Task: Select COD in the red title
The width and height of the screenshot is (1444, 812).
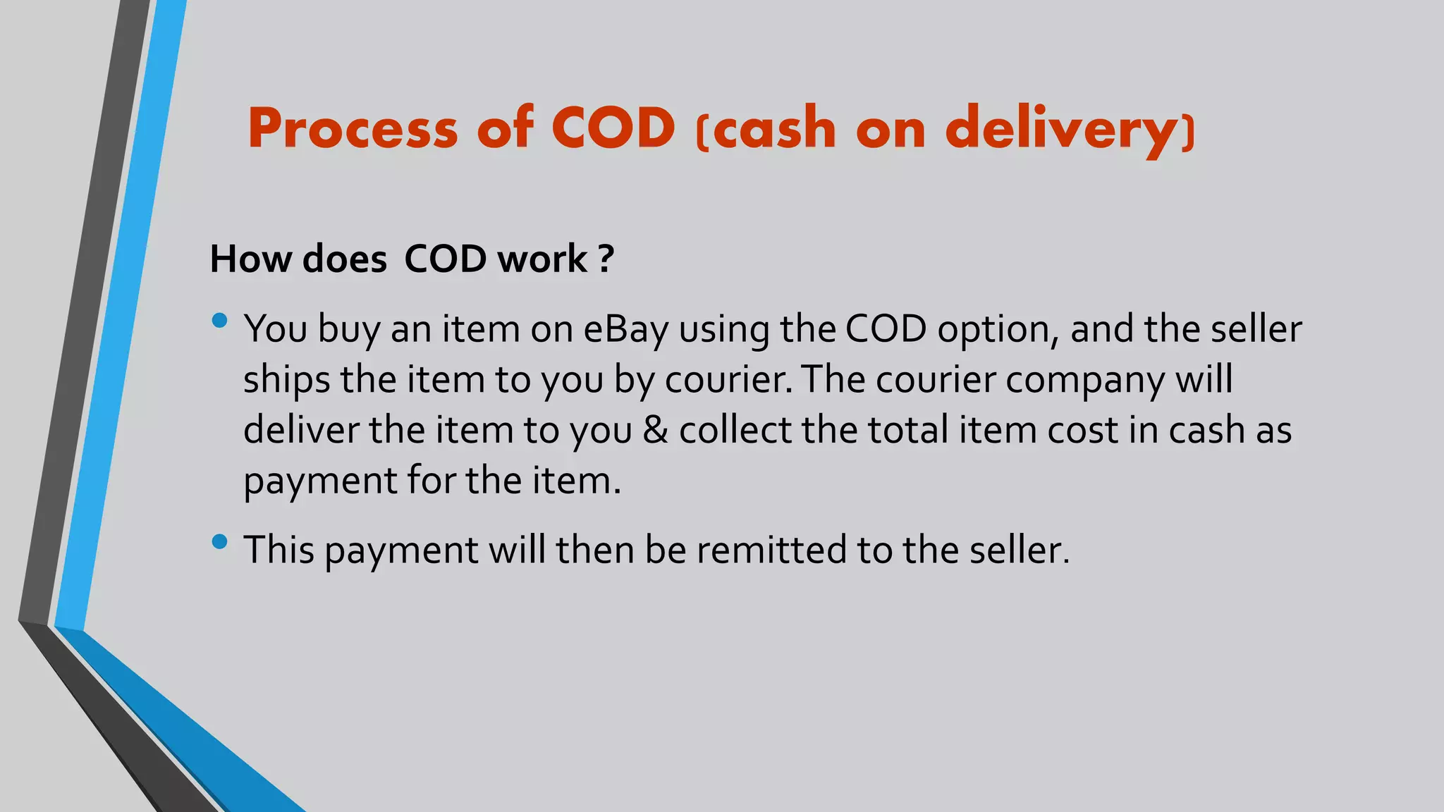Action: [613, 129]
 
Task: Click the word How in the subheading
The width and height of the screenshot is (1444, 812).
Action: [250, 259]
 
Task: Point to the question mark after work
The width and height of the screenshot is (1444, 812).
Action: [606, 259]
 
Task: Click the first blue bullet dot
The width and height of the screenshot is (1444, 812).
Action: [219, 321]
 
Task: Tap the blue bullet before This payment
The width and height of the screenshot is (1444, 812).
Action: [219, 541]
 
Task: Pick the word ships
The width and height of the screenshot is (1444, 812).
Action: [286, 380]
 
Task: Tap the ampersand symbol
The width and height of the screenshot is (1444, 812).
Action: [655, 430]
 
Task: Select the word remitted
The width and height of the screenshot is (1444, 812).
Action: [771, 550]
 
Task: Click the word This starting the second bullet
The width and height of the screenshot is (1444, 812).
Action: [279, 550]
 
